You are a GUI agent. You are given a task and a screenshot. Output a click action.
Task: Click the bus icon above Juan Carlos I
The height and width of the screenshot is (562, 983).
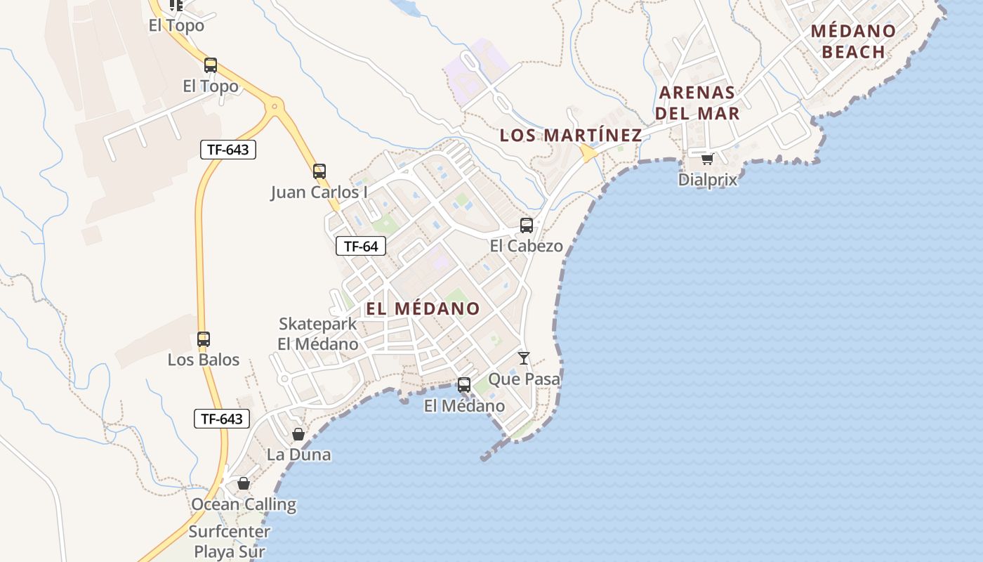(x=319, y=171)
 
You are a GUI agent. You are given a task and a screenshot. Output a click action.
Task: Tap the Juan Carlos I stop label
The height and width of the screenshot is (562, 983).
(x=319, y=192)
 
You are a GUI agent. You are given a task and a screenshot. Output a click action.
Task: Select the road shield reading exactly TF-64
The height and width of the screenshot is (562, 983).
(x=361, y=246)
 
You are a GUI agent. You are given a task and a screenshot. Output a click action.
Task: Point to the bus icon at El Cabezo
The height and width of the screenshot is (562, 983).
(x=526, y=226)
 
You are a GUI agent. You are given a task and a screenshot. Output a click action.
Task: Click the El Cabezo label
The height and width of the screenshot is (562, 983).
(x=526, y=246)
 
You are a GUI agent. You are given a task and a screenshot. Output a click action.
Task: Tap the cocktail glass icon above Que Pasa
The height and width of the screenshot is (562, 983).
(x=524, y=358)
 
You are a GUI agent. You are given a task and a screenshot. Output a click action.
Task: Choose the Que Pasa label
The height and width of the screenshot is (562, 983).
(x=524, y=379)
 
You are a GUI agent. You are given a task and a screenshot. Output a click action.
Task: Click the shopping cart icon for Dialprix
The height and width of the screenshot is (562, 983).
(x=707, y=159)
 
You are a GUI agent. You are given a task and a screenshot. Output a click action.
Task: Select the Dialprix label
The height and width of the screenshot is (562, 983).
(x=707, y=180)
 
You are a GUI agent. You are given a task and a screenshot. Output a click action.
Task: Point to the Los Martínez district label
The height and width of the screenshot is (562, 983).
(x=570, y=136)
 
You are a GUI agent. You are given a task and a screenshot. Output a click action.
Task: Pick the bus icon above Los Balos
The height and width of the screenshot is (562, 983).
(x=204, y=339)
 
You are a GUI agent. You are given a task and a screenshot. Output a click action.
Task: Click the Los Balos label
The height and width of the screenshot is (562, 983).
(x=203, y=360)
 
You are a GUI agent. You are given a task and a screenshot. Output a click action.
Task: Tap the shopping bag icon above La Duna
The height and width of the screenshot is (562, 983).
(x=298, y=434)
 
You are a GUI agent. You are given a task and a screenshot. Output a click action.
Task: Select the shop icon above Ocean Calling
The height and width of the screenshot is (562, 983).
(x=244, y=483)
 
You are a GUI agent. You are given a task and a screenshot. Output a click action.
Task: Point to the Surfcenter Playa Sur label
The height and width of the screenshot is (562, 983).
(x=230, y=541)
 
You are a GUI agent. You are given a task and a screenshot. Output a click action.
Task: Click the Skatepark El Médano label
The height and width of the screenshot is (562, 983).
(x=318, y=334)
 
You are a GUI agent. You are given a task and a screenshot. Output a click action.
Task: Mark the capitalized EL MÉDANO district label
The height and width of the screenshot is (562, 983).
(x=423, y=308)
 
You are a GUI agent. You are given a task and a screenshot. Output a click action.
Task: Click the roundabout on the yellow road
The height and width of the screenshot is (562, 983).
(x=274, y=107)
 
